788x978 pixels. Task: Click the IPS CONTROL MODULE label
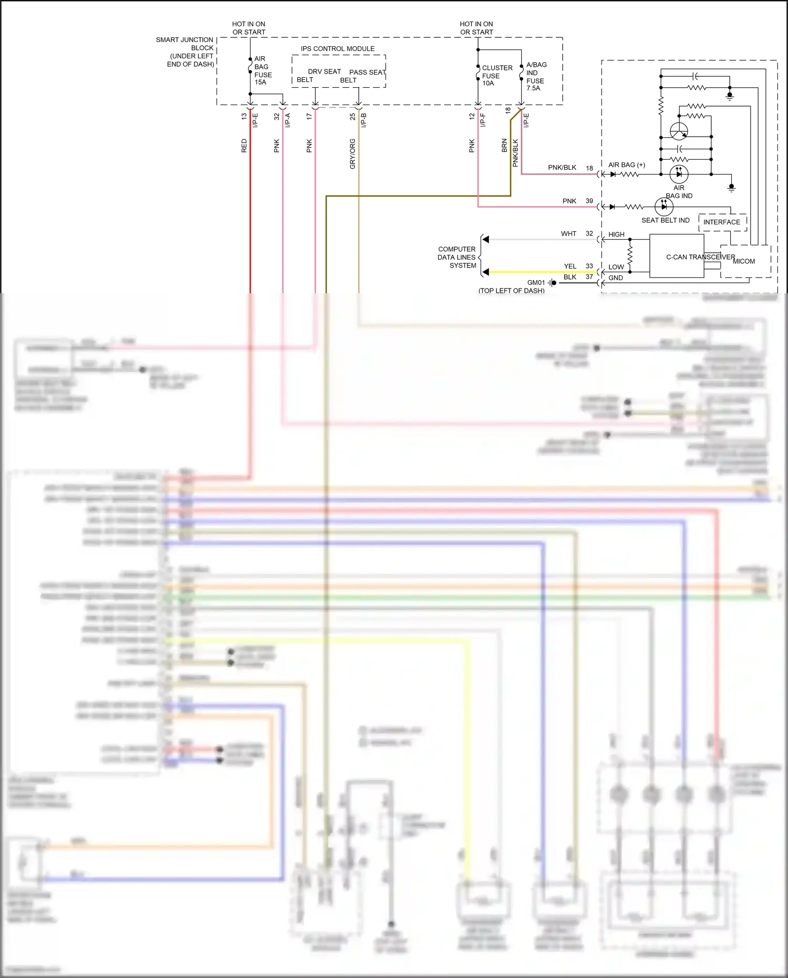tap(337, 49)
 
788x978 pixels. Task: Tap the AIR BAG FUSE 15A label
tap(263, 70)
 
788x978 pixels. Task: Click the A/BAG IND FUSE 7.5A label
tap(536, 77)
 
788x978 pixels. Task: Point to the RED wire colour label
tap(244, 146)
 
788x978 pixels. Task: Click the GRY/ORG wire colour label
tap(352, 153)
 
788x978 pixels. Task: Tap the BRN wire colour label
tap(504, 146)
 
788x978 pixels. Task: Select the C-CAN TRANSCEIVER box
tap(677, 256)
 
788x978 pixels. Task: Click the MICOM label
tap(744, 261)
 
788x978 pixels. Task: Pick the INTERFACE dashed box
tap(722, 222)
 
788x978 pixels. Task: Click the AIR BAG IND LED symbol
tap(679, 174)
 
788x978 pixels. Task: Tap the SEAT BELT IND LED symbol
tap(664, 207)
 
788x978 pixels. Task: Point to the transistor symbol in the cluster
tap(679, 131)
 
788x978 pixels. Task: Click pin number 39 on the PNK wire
tap(589, 201)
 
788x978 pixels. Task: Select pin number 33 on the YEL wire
tap(589, 266)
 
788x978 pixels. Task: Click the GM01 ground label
tap(536, 283)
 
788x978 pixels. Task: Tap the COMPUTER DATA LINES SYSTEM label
tap(457, 258)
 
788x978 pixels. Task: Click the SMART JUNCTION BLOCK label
tap(185, 52)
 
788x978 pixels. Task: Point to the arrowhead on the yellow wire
tap(486, 272)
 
